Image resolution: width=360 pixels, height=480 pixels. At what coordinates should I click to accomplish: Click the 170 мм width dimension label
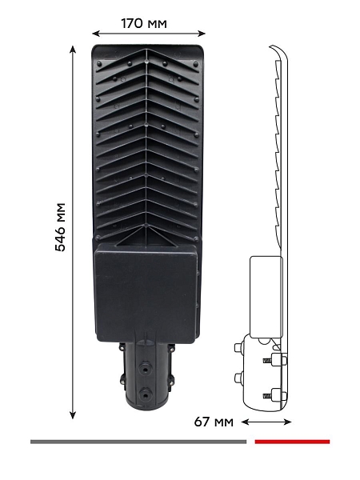[144, 23]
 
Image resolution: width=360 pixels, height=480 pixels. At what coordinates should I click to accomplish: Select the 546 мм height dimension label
[60, 227]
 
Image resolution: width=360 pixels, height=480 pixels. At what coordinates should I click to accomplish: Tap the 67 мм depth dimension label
[214, 422]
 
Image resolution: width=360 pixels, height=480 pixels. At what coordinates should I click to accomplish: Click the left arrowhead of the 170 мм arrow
[96, 34]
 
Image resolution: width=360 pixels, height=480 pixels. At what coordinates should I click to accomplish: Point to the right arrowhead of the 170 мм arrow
[202, 34]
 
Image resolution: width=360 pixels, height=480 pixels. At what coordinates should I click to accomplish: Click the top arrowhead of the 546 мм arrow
[73, 50]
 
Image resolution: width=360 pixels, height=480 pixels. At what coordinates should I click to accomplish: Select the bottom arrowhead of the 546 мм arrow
[73, 415]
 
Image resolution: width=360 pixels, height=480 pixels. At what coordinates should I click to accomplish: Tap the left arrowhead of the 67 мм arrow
[246, 422]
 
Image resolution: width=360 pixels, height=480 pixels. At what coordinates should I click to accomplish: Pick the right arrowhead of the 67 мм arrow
[287, 422]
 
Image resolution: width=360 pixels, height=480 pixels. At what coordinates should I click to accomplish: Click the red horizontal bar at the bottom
[292, 442]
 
